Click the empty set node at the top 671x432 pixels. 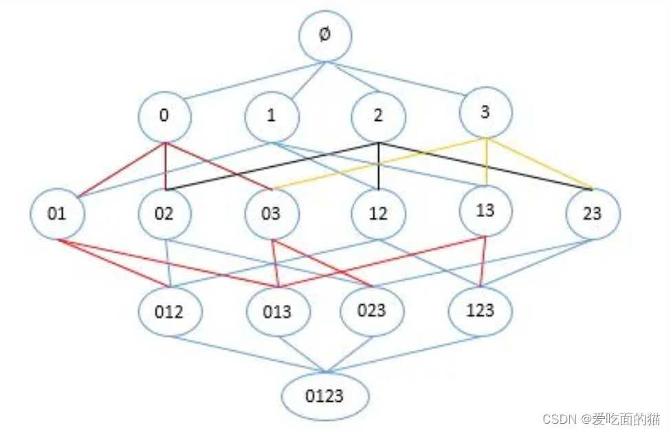tap(325, 36)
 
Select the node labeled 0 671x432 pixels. tap(165, 116)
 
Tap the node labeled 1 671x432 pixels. tap(272, 116)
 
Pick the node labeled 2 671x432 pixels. tap(378, 116)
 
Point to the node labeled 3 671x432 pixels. tap(485, 113)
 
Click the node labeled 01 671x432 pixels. tap(57, 214)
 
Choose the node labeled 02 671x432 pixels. tap(165, 214)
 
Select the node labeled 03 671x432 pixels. tap(272, 214)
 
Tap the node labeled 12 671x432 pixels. tap(378, 214)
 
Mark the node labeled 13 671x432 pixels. tap(485, 211)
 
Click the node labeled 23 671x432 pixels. tap(593, 214)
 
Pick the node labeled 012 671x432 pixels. tap(170, 312)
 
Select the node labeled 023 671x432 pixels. tap(372, 311)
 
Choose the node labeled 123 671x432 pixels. tap(480, 311)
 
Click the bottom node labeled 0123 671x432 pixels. tap(325, 396)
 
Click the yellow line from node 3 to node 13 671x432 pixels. tap(486, 162)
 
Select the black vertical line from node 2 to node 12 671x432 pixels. tap(379, 166)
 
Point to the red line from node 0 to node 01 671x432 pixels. tap(122, 170)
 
